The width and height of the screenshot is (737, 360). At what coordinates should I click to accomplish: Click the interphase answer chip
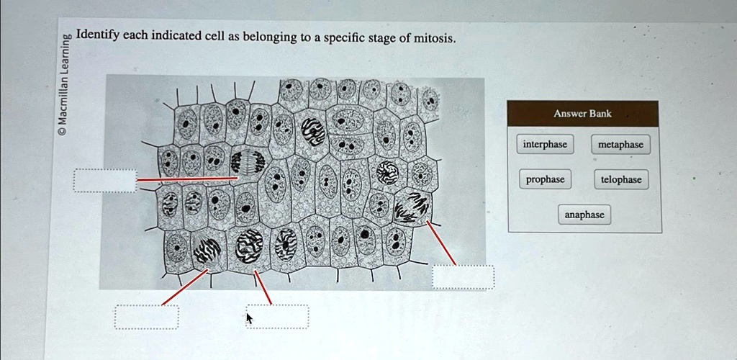pyautogui.click(x=545, y=145)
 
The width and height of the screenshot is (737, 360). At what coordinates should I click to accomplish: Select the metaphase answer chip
pyautogui.click(x=620, y=145)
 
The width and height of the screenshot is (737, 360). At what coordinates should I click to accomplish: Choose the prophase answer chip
pyautogui.click(x=545, y=179)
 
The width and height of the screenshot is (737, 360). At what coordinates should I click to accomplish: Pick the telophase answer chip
pyautogui.click(x=620, y=179)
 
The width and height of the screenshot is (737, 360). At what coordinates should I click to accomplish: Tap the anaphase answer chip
pyautogui.click(x=584, y=215)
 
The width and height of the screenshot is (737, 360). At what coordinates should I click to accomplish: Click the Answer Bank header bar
pyautogui.click(x=583, y=114)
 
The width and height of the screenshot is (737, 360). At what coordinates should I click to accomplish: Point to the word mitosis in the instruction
pyautogui.click(x=435, y=38)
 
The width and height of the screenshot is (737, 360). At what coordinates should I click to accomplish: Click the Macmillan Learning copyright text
pyautogui.click(x=65, y=83)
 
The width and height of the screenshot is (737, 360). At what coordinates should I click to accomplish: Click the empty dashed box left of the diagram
pyautogui.click(x=104, y=181)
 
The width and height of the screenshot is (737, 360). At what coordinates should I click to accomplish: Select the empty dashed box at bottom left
pyautogui.click(x=146, y=316)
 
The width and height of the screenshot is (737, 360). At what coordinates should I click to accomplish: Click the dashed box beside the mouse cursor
pyautogui.click(x=279, y=316)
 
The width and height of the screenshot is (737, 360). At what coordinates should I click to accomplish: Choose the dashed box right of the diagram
pyautogui.click(x=463, y=277)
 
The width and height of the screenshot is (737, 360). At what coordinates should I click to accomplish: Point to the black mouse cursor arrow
pyautogui.click(x=249, y=318)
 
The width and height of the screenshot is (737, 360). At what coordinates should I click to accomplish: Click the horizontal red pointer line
pyautogui.click(x=187, y=179)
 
